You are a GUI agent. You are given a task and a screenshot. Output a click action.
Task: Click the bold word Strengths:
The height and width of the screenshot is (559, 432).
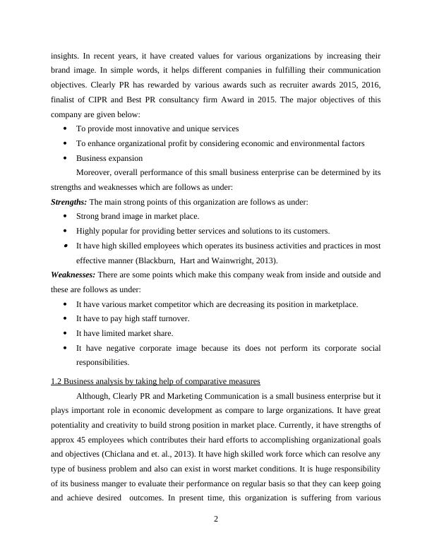click(69, 202)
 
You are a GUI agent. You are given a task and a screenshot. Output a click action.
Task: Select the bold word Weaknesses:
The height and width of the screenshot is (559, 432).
click(73, 274)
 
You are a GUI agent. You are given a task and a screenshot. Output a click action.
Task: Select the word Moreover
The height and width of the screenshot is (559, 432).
click(95, 172)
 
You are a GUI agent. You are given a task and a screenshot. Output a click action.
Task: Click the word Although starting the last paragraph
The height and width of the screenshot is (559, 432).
click(96, 396)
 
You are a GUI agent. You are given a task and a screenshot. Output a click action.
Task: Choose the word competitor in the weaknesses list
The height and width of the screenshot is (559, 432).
click(171, 303)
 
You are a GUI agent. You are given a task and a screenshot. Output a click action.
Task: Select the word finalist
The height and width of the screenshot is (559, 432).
click(65, 100)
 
